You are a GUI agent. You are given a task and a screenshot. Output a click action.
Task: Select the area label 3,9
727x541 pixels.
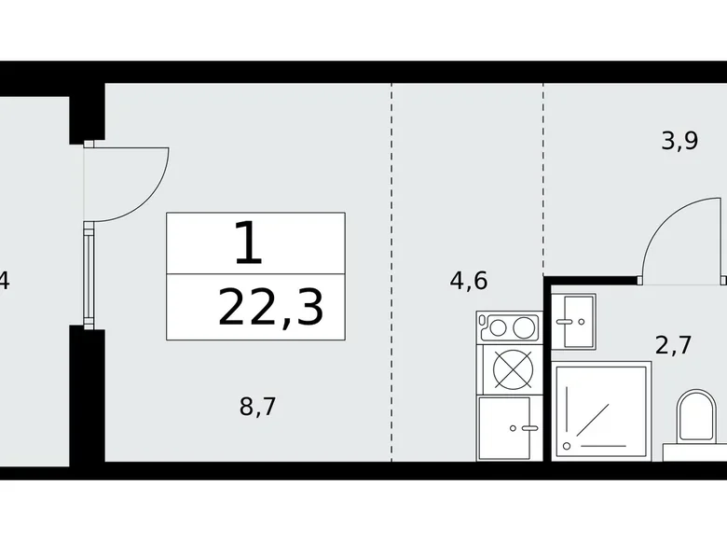pos(679,141)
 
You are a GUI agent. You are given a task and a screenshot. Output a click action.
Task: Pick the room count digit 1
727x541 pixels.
pos(248,244)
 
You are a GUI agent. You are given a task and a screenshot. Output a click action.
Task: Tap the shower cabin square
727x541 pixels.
pos(601,409)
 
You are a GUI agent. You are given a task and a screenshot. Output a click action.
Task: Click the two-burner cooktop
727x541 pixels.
pos(507,327)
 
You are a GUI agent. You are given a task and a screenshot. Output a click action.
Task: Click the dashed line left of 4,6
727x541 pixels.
pos(391,270)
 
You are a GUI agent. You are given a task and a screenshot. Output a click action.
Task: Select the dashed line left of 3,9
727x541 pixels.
pos(542,177)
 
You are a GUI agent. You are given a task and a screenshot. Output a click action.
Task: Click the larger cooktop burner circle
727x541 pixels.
pos(524,327)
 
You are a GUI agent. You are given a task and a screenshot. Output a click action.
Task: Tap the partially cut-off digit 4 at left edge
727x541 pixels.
pos(5,279)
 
